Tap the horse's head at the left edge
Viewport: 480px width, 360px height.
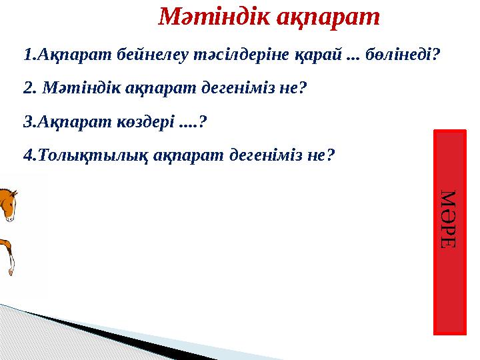8,203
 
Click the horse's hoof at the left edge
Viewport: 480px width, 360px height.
11,271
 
